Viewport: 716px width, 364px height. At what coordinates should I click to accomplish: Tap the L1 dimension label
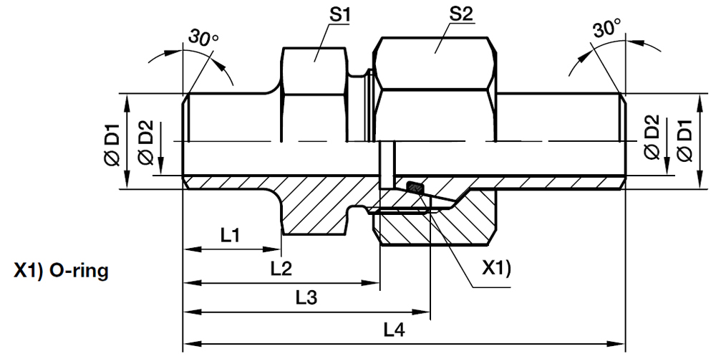(230, 236)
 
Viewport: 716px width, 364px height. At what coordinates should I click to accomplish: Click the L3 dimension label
(306, 297)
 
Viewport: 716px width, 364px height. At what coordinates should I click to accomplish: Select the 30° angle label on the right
(608, 30)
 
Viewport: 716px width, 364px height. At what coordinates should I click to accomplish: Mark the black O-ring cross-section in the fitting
(415, 188)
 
